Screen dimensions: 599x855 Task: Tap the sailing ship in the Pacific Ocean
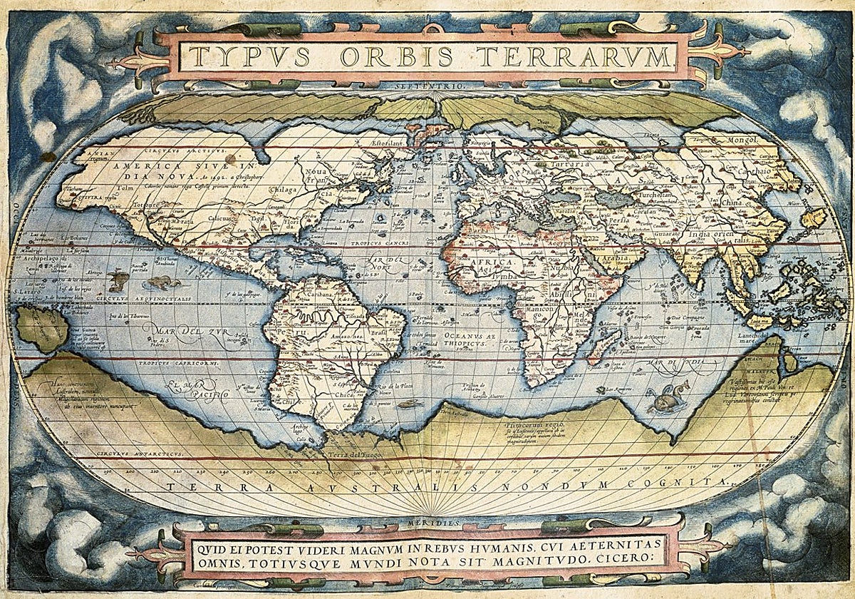[163, 282]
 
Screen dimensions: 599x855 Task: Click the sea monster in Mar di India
[667, 397]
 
